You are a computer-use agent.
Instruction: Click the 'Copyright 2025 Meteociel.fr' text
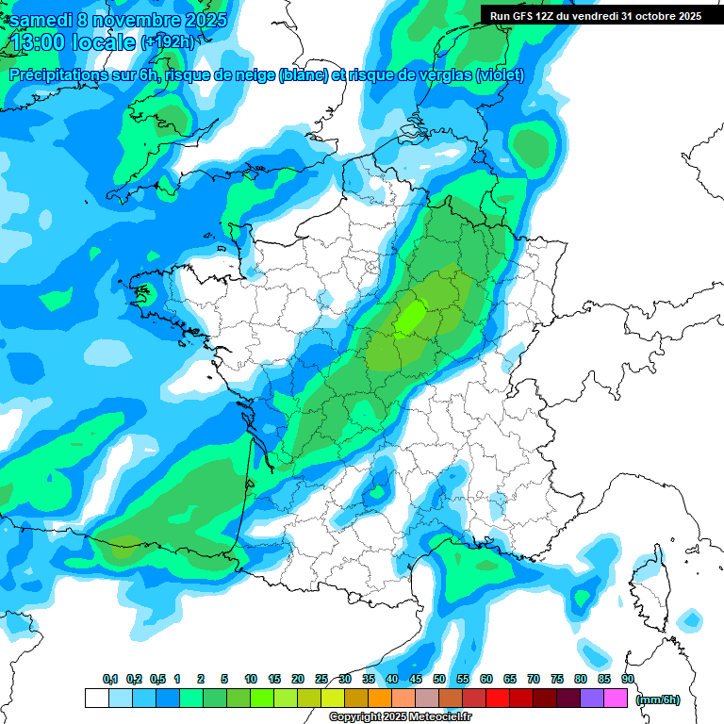[400, 717]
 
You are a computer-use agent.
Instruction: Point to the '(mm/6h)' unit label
[658, 699]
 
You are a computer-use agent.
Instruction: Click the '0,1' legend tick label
[109, 679]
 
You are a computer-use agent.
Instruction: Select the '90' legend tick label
[627, 679]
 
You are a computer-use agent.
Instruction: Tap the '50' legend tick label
[439, 679]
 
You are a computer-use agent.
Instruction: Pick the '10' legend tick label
[251, 679]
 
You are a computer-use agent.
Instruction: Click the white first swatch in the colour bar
[96, 699]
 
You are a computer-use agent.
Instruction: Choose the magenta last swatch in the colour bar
[617, 699]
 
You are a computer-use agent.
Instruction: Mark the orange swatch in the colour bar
[380, 699]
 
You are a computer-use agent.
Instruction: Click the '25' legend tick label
[321, 679]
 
